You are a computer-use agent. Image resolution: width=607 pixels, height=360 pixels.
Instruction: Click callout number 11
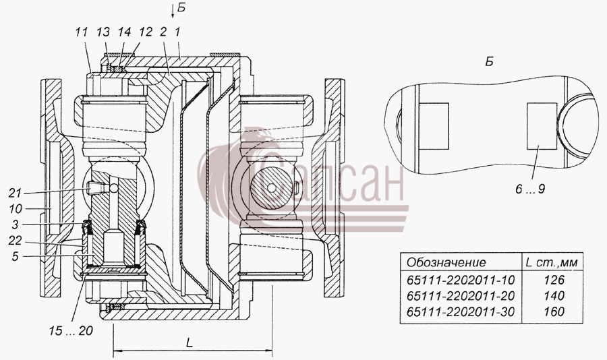pyautogui.click(x=82, y=32)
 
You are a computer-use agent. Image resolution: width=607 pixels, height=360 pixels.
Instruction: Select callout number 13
pyautogui.click(x=103, y=32)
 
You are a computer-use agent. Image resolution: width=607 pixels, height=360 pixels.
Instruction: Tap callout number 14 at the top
pyautogui.click(x=125, y=32)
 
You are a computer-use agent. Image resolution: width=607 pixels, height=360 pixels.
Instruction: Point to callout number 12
pyautogui.click(x=146, y=32)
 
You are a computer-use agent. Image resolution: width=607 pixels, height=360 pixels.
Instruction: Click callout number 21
pyautogui.click(x=16, y=192)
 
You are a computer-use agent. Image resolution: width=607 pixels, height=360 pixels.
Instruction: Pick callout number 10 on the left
pyautogui.click(x=16, y=209)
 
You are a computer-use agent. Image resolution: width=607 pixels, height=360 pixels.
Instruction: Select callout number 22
pyautogui.click(x=16, y=241)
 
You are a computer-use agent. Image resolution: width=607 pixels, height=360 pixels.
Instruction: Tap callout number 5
pyautogui.click(x=15, y=256)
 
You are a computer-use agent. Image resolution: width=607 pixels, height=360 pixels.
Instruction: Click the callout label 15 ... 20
pyautogui.click(x=71, y=330)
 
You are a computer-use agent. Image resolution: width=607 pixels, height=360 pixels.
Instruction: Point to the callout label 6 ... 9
pyautogui.click(x=530, y=189)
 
